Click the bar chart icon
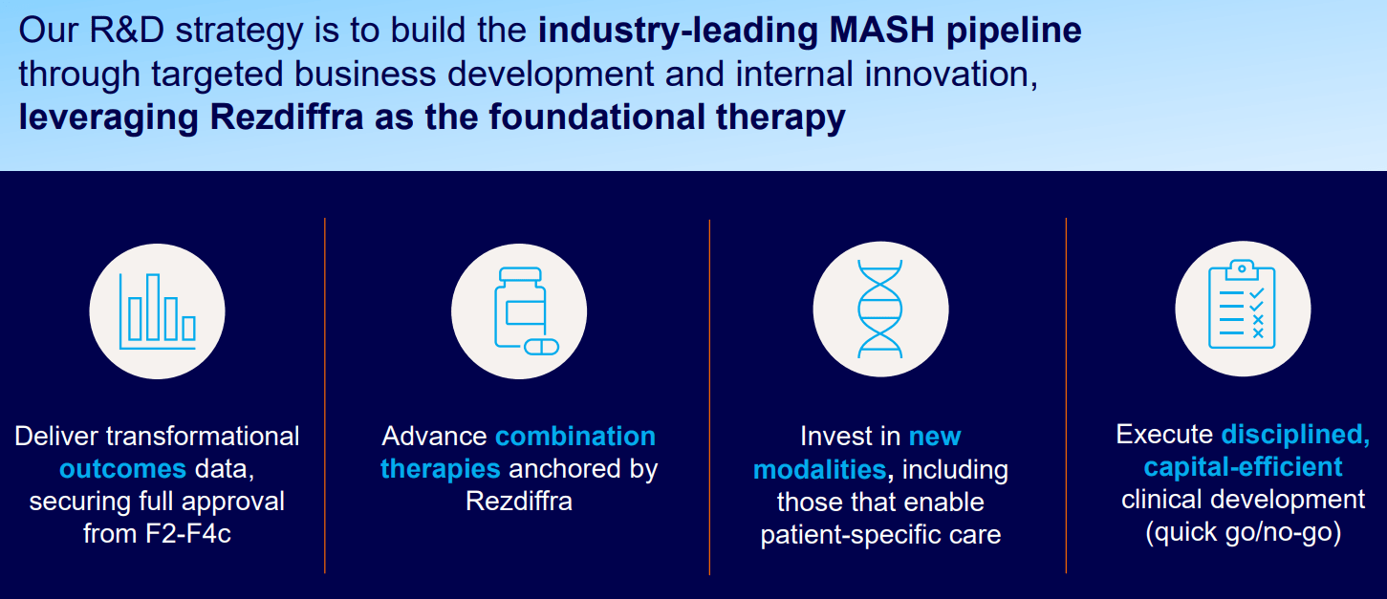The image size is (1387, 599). [x=158, y=311]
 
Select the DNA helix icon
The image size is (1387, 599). [x=879, y=309]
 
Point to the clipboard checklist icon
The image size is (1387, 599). [x=1242, y=304]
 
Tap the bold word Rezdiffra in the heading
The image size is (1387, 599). [x=286, y=117]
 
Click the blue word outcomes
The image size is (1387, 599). [x=122, y=468]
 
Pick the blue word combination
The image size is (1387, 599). [x=575, y=437]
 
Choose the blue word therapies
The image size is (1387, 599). [x=441, y=468]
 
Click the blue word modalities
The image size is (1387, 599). [x=820, y=470]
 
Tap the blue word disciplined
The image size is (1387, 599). [x=1296, y=435]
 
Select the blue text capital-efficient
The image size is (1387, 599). [x=1243, y=466]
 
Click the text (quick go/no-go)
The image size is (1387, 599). [x=1244, y=532]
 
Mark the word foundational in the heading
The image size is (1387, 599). [x=596, y=117]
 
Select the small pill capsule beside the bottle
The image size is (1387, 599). [x=542, y=347]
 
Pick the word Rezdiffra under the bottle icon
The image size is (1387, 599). [x=519, y=501]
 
